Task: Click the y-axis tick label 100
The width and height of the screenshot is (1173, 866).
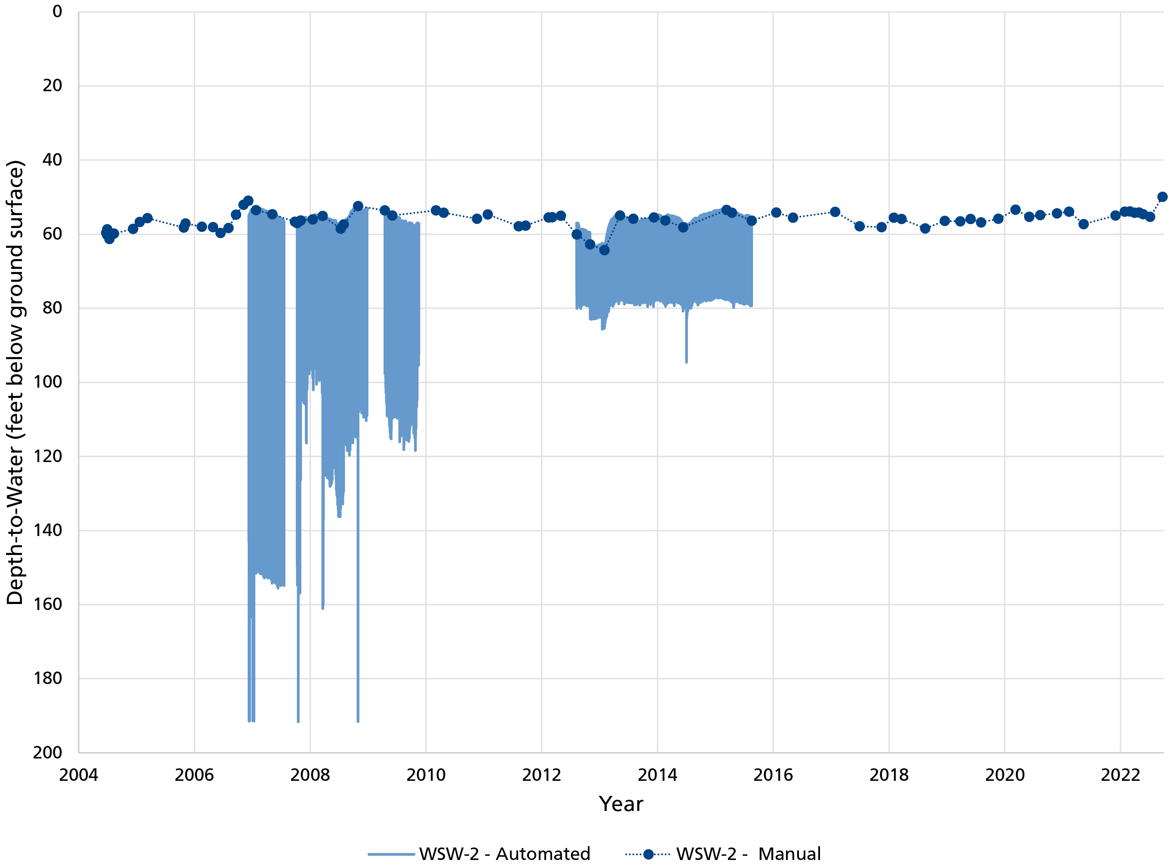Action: (48, 382)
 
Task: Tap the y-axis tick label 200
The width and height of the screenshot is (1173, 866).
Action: (48, 752)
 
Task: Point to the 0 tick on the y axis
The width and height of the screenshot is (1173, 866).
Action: (57, 12)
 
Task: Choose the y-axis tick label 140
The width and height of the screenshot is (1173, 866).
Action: (48, 530)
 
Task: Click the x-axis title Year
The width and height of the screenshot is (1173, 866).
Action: (621, 804)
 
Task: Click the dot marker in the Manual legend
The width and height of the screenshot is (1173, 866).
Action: (648, 854)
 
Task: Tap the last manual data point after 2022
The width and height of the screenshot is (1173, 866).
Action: (1162, 197)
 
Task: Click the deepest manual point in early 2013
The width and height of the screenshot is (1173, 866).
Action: (604, 250)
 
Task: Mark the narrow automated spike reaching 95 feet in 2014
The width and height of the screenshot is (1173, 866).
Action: (686, 357)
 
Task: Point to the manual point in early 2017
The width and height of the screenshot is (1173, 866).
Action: (835, 212)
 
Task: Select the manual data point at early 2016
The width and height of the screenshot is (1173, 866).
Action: (776, 213)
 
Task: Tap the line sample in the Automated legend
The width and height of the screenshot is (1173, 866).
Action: (391, 854)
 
